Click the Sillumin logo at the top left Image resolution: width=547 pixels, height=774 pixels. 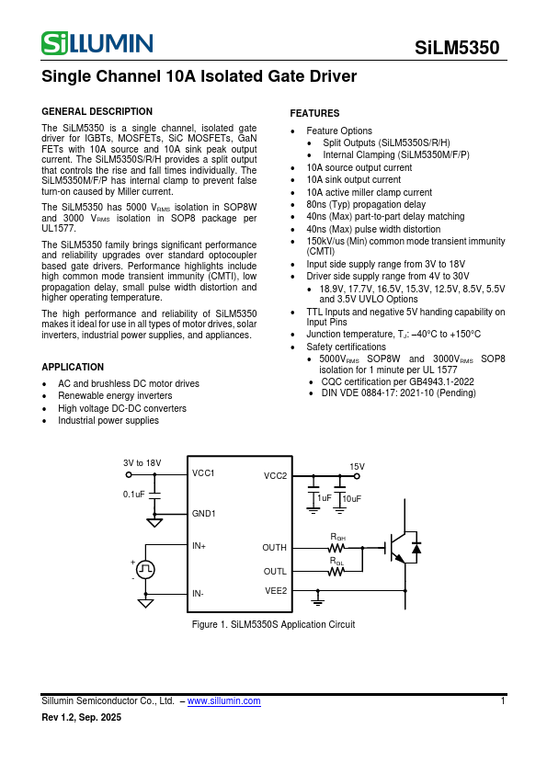pos(97,42)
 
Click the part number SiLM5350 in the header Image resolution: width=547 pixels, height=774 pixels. pos(457,47)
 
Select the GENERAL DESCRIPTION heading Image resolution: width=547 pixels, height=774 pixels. pos(97,111)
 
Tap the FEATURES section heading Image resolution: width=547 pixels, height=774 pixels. pos(314,113)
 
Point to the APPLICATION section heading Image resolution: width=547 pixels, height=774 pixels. pos(73,367)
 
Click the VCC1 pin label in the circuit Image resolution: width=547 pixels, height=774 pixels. pos(203,473)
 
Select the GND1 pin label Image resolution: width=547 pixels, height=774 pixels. pos(203,514)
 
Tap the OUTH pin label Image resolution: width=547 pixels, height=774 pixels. pos(275,548)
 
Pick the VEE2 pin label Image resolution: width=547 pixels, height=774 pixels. pos(276,590)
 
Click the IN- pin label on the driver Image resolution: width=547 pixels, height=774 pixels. pos(199,594)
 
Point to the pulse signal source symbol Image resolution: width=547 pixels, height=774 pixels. pos(145,569)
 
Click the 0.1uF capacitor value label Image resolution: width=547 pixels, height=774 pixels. pos(134,495)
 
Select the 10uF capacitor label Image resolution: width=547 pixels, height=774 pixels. pos(352,498)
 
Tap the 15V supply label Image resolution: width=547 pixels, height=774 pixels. pos(357,467)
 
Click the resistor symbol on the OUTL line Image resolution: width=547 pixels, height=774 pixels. pos(336,571)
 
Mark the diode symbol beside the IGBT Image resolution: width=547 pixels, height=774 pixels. pos(416,548)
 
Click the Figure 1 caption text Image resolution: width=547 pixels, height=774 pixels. pos(273,625)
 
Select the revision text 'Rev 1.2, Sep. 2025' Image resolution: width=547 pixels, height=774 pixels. pos(81,717)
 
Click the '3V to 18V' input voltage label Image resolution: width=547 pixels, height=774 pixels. pos(142,462)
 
